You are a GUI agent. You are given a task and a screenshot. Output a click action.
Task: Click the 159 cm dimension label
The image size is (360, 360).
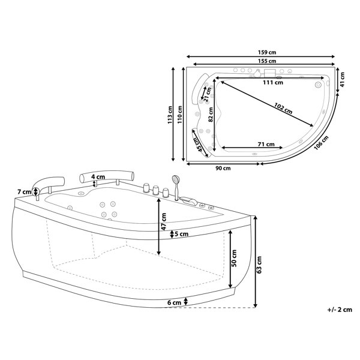266,53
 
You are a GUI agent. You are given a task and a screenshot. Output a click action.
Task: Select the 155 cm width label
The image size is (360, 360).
266,61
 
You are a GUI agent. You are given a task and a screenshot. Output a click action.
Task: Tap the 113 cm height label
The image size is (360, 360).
170,115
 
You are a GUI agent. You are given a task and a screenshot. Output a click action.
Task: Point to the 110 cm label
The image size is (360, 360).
180,115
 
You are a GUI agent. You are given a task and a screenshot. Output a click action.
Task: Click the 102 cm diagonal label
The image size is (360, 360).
283,109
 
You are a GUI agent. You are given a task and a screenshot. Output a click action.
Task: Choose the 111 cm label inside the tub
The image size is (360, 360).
273,82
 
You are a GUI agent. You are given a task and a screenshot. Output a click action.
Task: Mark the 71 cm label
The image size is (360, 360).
266,144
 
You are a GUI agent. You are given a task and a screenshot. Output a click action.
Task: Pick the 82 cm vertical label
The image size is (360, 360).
211,115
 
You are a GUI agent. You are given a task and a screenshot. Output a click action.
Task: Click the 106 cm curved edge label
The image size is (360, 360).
322,143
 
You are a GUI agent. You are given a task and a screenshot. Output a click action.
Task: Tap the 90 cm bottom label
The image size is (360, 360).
223,168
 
